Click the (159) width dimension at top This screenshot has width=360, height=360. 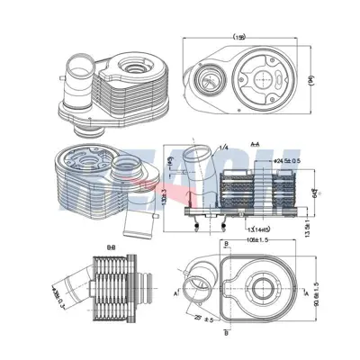tap(239, 37)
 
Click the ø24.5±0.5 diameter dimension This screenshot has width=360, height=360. tap(268, 162)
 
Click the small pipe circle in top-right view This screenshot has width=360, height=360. tap(208, 77)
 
